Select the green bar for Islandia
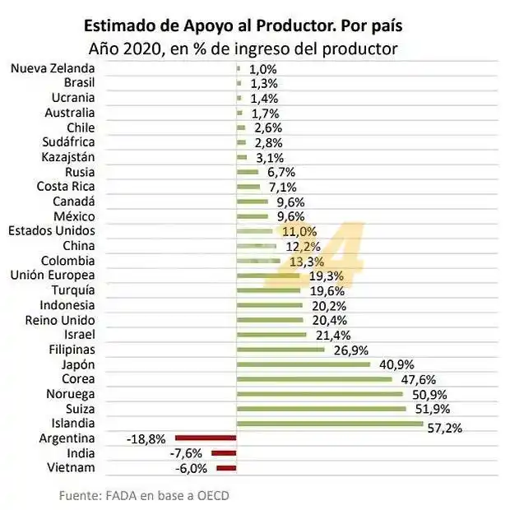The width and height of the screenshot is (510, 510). [x=330, y=424]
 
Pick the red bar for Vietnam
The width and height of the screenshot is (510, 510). [x=226, y=468]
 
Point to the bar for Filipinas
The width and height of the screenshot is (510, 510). [x=280, y=350]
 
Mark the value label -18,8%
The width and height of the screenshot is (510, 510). [x=146, y=439]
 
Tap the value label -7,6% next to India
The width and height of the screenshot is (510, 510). [x=188, y=454]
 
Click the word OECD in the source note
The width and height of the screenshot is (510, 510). [x=213, y=495]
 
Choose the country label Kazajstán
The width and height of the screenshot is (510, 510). [x=68, y=157]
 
